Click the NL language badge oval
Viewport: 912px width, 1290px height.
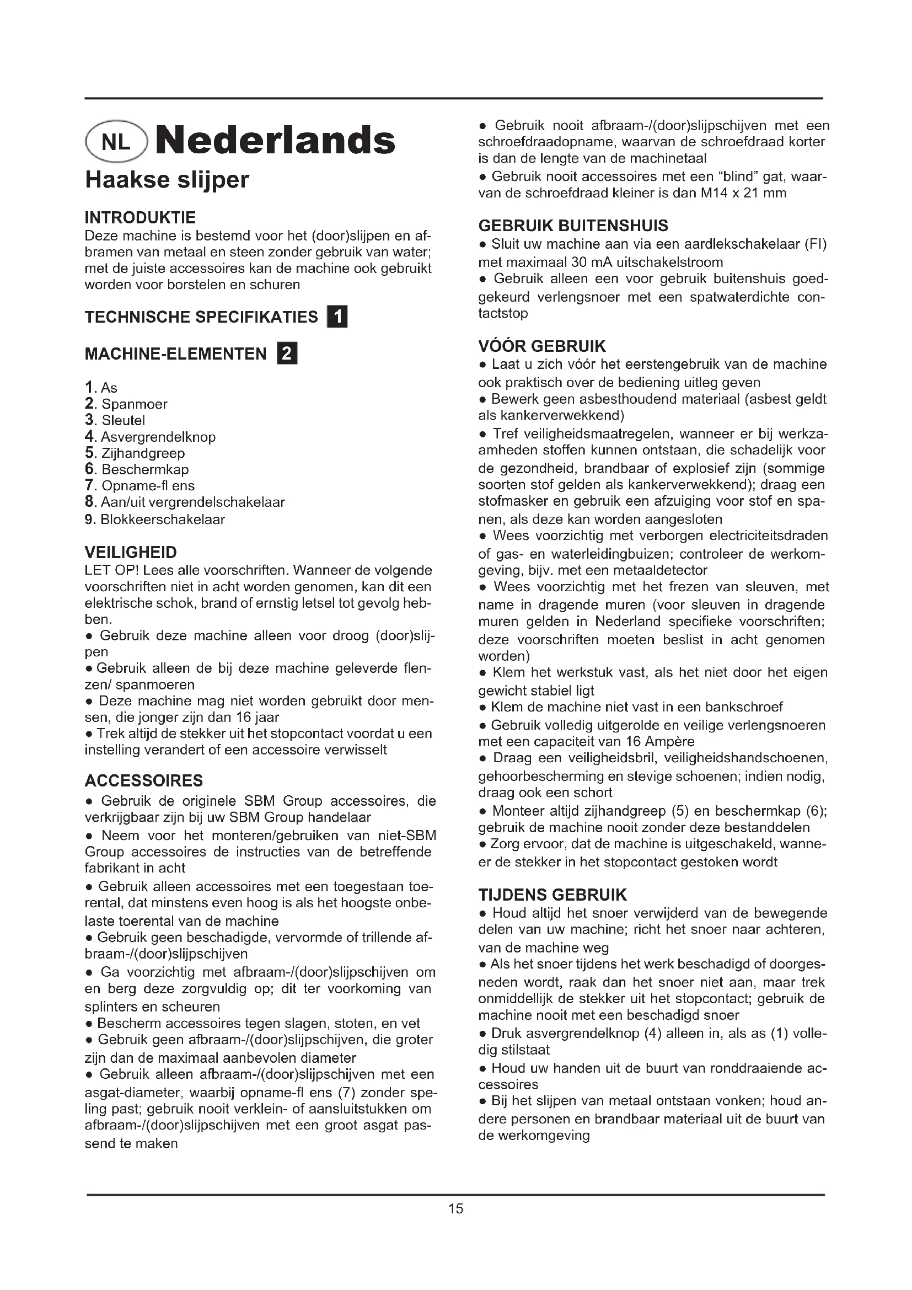[116, 142]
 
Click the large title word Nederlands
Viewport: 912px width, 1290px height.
[275, 141]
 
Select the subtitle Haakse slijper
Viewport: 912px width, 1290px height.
[167, 180]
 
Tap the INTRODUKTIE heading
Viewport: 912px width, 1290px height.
[140, 217]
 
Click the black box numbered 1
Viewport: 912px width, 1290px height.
[337, 317]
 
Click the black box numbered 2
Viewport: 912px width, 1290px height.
[287, 354]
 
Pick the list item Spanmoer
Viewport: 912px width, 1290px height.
[134, 404]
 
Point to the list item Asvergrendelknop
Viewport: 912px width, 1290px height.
[158, 437]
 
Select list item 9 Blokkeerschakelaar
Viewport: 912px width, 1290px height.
[162, 519]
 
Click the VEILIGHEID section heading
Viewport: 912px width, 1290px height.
[130, 552]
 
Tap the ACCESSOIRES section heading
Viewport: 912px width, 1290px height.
[143, 780]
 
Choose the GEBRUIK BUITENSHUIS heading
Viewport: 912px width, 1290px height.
[573, 226]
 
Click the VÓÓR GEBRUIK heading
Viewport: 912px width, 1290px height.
[542, 346]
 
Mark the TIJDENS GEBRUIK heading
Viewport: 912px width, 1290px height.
[552, 895]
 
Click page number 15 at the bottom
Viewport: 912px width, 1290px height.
[455, 1208]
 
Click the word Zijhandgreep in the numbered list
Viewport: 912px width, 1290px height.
[143, 453]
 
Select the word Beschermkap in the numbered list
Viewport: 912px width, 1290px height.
[145, 469]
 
